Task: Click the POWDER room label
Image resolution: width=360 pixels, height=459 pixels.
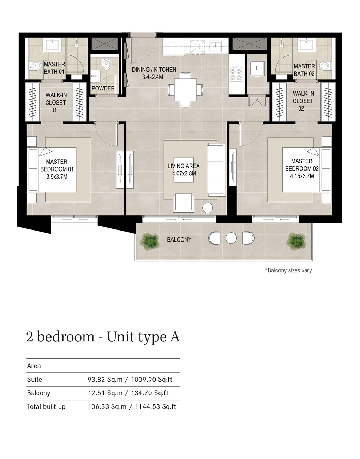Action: click(x=103, y=88)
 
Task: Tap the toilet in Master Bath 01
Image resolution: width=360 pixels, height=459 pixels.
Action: click(x=35, y=66)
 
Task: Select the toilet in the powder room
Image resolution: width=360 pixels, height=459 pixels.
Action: click(x=106, y=64)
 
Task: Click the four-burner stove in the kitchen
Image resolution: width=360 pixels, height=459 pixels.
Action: click(x=236, y=74)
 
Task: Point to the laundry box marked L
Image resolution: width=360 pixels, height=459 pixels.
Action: click(x=257, y=68)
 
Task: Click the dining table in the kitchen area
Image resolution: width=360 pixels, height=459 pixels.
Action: click(x=185, y=90)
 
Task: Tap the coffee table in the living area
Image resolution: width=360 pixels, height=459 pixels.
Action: click(x=184, y=169)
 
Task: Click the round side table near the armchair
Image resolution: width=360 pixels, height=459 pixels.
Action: click(x=207, y=208)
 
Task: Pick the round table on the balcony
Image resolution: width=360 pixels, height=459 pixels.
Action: click(x=231, y=238)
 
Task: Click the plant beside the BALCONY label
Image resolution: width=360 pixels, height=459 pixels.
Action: click(x=150, y=242)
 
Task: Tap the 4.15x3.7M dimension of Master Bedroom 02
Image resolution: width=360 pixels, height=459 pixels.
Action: click(x=302, y=176)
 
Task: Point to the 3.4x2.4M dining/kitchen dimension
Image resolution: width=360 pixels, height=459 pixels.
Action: click(x=153, y=77)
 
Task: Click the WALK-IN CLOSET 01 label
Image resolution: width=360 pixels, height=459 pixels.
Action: click(x=55, y=102)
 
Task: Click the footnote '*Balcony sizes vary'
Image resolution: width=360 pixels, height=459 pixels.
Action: click(x=288, y=270)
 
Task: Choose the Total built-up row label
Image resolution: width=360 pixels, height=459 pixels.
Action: click(x=46, y=407)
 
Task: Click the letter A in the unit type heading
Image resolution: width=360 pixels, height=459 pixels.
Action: click(x=174, y=337)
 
